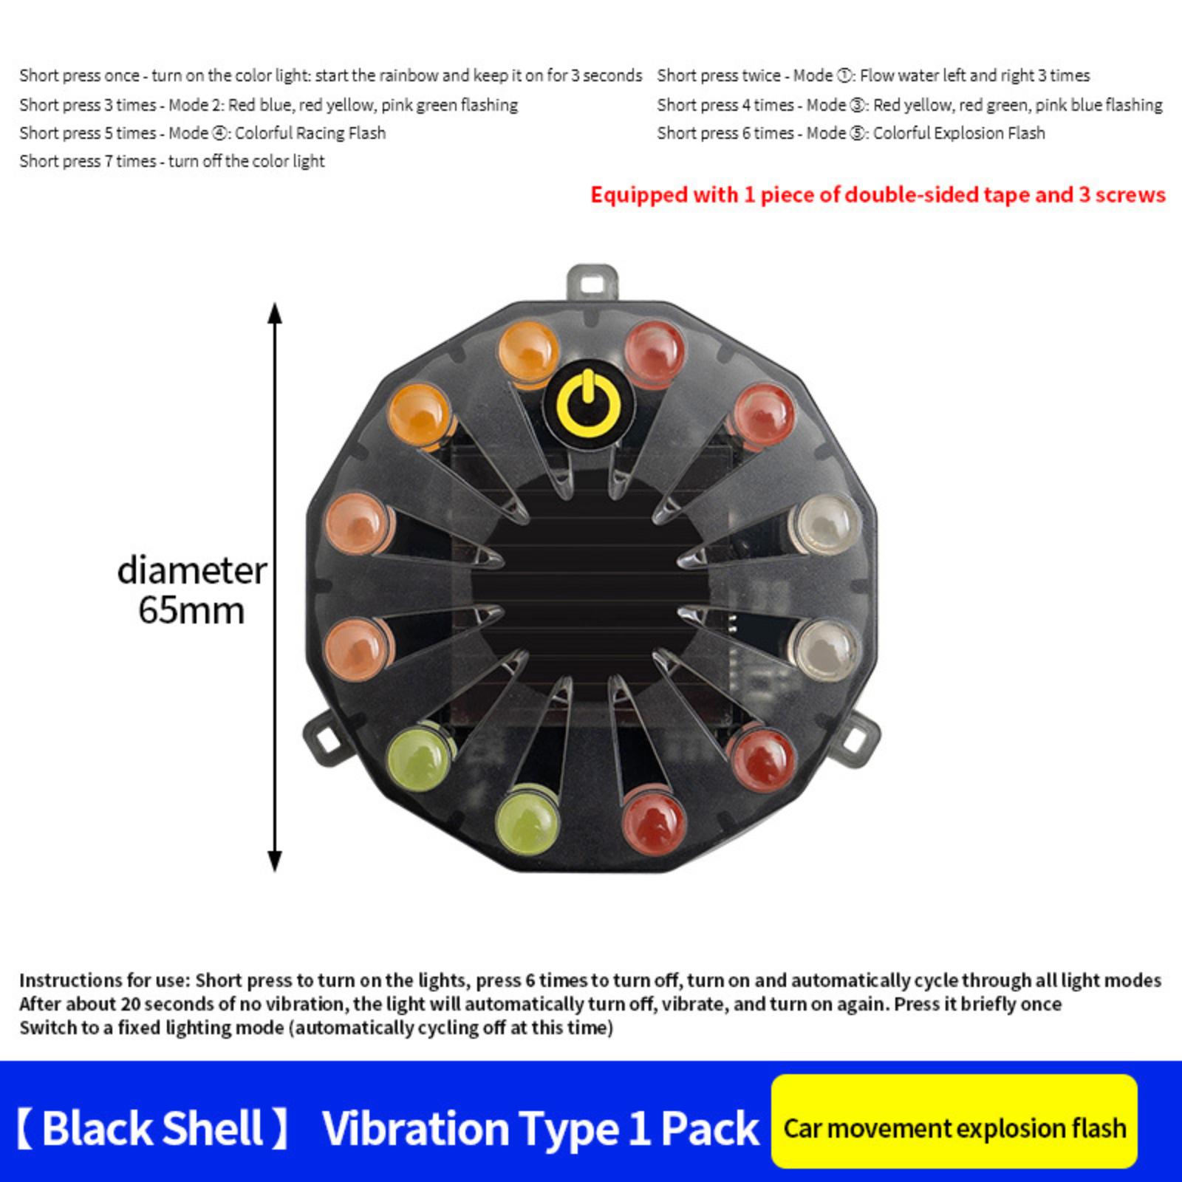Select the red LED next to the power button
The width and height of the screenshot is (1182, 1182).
tap(655, 352)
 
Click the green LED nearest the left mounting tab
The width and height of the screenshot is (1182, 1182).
tap(418, 758)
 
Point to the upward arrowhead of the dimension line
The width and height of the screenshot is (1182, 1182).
tap(275, 313)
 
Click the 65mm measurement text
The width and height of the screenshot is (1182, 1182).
tap(191, 611)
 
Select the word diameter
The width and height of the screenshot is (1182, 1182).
tap(192, 571)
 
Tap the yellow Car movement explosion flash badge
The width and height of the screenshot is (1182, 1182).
tap(954, 1121)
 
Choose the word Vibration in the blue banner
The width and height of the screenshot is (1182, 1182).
tap(415, 1129)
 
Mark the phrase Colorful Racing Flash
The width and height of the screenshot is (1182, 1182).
tap(310, 134)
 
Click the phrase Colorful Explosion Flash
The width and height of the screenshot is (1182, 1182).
tap(959, 134)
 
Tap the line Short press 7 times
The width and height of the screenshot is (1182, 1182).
tap(172, 162)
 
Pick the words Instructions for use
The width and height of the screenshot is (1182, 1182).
tap(104, 981)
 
